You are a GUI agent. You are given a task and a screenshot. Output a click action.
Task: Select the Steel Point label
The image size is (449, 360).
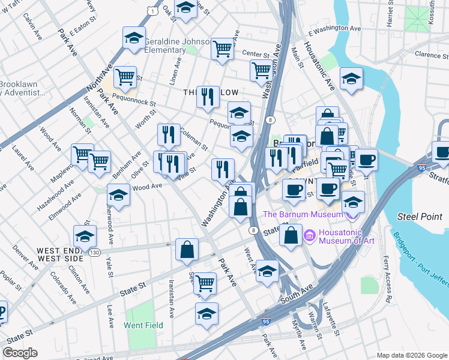[x=420, y=216]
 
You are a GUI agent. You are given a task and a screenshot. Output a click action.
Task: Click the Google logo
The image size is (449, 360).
[x=20, y=353]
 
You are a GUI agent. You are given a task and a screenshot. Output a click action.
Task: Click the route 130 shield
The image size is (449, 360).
[x=94, y=253]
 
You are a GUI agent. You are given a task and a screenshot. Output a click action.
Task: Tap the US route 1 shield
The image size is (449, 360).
[x=154, y=11]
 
